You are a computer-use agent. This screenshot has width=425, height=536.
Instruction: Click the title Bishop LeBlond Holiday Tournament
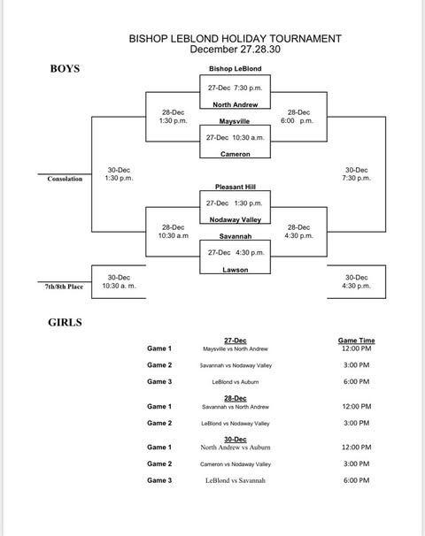pyautogui.click(x=236, y=39)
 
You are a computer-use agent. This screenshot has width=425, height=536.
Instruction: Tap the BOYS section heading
pyautogui.click(x=65, y=69)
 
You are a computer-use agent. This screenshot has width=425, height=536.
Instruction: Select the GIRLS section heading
pyautogui.click(x=65, y=322)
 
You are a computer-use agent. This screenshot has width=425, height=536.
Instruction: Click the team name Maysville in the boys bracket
pyautogui.click(x=235, y=121)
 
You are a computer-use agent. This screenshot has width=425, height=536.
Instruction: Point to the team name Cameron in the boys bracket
pyautogui.click(x=236, y=154)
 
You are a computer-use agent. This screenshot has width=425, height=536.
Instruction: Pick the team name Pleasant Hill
pyautogui.click(x=236, y=187)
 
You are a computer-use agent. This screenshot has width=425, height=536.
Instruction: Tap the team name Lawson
pyautogui.click(x=236, y=270)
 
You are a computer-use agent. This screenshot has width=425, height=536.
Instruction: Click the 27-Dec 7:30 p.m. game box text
pyautogui.click(x=236, y=88)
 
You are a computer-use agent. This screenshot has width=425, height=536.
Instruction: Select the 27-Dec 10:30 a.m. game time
pyautogui.click(x=236, y=137)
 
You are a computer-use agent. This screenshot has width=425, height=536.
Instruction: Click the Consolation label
pyautogui.click(x=65, y=179)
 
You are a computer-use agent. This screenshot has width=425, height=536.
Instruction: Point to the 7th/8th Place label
pyautogui.click(x=64, y=287)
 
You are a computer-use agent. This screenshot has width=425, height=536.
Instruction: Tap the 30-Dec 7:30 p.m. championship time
pyautogui.click(x=356, y=174)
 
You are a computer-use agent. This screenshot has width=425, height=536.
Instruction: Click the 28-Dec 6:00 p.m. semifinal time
pyautogui.click(x=297, y=117)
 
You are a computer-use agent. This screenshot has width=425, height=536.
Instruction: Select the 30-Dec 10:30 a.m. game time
pyautogui.click(x=119, y=281)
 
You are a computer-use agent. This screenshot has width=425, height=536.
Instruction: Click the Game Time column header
pyautogui.click(x=356, y=341)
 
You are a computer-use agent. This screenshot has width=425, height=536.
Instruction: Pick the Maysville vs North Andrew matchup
pyautogui.click(x=236, y=349)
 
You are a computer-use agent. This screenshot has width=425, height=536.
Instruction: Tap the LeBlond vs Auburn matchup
pyautogui.click(x=236, y=382)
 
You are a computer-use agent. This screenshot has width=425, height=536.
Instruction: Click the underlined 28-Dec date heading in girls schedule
pyautogui.click(x=236, y=398)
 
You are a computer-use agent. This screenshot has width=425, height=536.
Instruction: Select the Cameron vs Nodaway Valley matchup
pyautogui.click(x=236, y=464)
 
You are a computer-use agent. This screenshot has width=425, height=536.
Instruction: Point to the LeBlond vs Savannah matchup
pyautogui.click(x=236, y=480)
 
